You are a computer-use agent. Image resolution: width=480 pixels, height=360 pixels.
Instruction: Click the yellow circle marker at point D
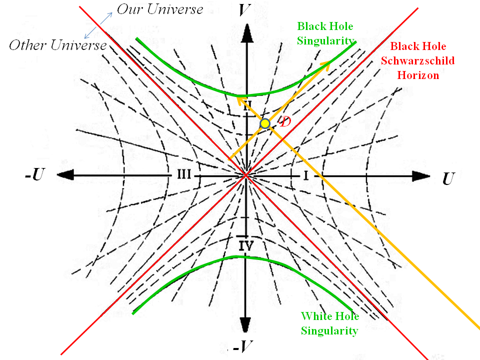coord(265,123)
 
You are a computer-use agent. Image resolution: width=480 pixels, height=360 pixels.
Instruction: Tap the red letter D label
coord(284,121)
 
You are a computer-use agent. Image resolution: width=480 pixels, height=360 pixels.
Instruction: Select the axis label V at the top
coord(244,10)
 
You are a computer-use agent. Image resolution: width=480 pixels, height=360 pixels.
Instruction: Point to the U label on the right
coord(448,179)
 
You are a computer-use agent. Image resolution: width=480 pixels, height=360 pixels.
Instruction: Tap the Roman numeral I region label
coord(306,175)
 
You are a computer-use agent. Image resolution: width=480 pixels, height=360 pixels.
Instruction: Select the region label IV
coord(246,245)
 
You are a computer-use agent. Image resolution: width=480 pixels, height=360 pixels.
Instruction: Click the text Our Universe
coord(160,9)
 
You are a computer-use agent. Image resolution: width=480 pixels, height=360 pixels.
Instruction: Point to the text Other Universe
coord(58,45)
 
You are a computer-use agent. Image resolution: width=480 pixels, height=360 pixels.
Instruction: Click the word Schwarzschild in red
coord(423,61)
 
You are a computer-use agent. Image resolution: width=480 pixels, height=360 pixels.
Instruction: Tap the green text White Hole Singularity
coord(329,323)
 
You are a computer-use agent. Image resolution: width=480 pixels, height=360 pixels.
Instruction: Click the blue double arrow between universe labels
coord(98,25)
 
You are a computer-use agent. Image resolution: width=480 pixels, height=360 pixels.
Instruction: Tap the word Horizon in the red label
coord(418,75)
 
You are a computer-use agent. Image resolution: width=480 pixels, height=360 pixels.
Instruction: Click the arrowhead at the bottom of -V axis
coord(245,325)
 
